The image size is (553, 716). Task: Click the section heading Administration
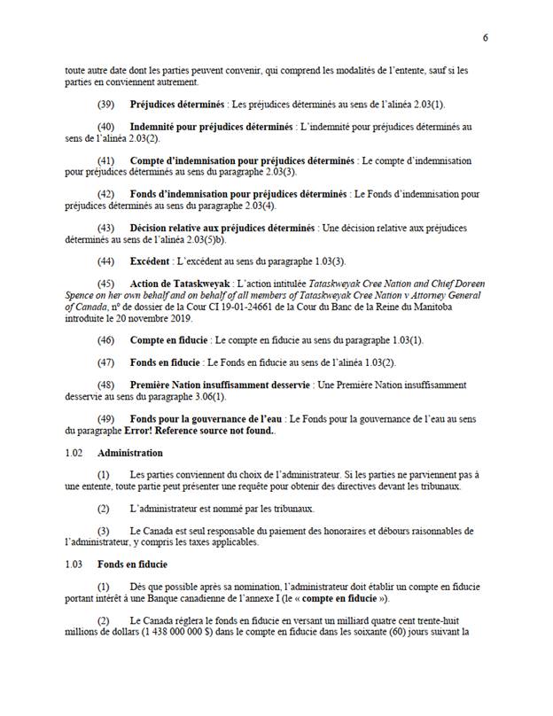click(124, 453)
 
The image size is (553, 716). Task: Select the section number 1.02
click(74, 453)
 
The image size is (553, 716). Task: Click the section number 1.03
click(74, 564)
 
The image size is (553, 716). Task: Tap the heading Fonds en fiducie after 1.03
click(133, 564)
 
